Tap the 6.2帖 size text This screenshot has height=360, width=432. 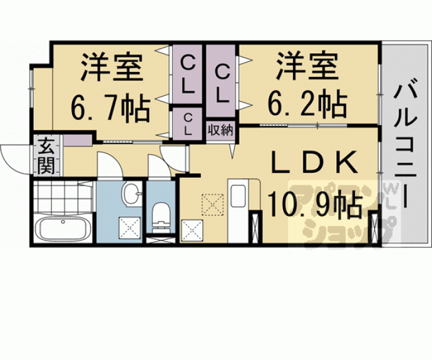[308, 103]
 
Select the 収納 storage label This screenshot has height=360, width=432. [220, 131]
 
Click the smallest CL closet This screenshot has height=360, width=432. [188, 123]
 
